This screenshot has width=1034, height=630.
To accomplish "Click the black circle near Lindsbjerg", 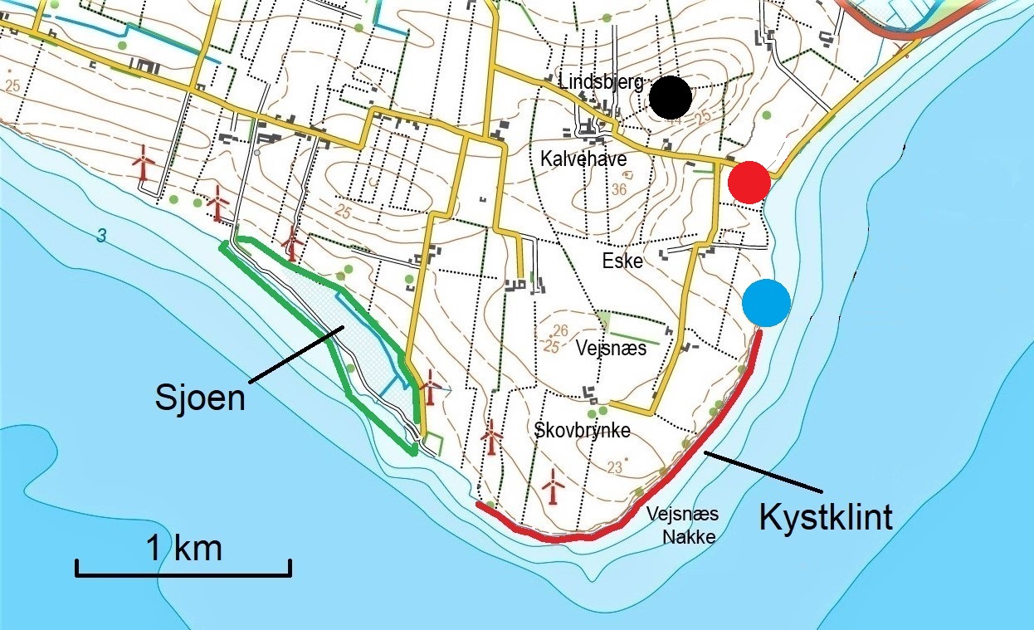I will point(671,98).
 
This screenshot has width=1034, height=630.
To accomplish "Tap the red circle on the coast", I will point(749,183).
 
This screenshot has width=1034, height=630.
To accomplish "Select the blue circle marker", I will point(766,304).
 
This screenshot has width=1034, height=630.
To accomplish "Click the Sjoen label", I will point(200,398).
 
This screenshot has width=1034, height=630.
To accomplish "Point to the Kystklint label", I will point(826,517).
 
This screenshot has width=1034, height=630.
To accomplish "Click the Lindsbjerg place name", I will point(600,82).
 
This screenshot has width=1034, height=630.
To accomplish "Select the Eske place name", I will point(622,261).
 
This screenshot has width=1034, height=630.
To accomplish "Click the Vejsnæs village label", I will point(611,349).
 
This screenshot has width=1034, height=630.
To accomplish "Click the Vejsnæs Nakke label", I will point(682,525).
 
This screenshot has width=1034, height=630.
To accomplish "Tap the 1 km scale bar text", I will point(184,549).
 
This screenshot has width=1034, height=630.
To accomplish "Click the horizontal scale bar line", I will point(183,573).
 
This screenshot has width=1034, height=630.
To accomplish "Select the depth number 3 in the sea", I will point(100,237).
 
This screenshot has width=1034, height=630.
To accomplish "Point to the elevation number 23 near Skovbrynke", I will point(614,467).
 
